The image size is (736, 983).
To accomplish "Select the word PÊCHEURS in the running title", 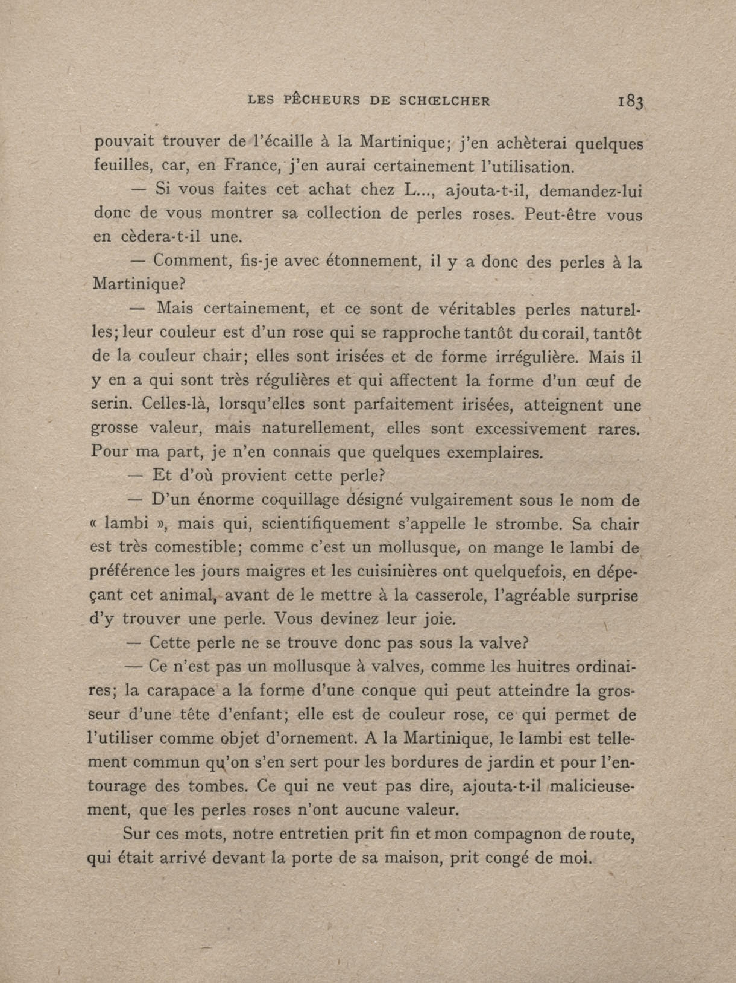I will click(322, 100).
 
